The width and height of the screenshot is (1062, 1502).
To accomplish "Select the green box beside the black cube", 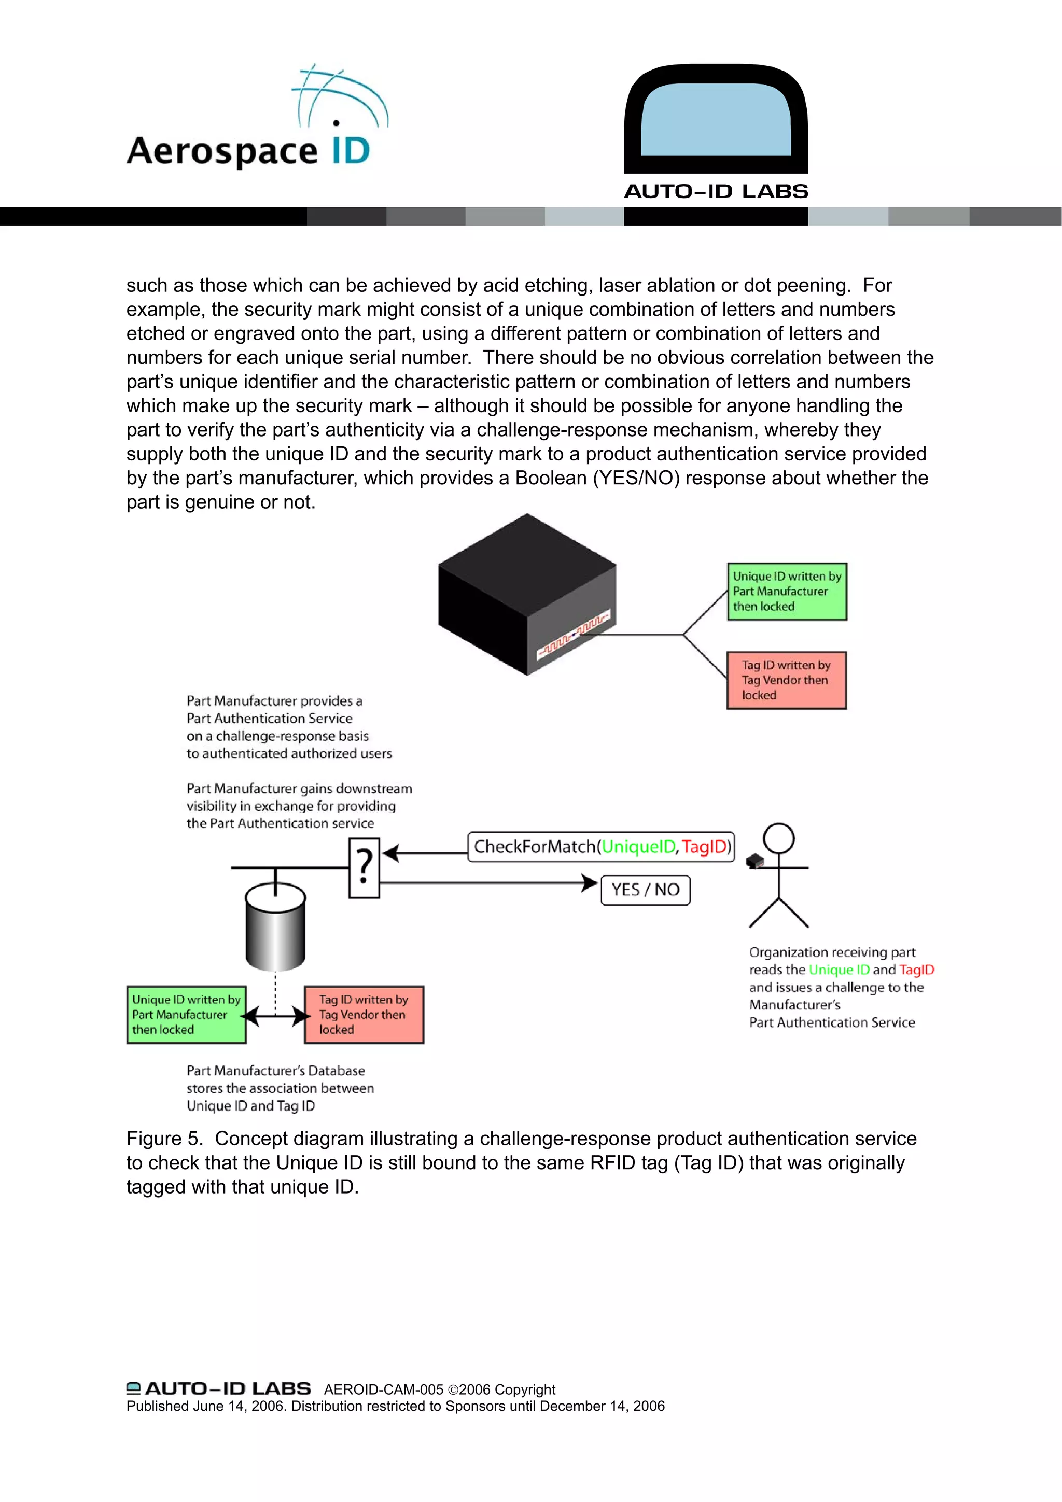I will click(787, 592).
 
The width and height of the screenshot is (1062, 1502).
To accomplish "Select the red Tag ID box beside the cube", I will click(787, 680).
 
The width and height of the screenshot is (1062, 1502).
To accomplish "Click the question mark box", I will click(365, 869).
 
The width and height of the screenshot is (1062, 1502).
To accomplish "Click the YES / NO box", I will click(645, 890).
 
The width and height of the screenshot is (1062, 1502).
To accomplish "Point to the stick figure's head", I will click(779, 838).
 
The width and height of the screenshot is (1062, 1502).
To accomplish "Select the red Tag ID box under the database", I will click(364, 1015).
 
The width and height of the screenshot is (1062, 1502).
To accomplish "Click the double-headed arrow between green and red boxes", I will click(275, 1016).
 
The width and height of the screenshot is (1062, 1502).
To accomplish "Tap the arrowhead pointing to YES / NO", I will click(590, 883).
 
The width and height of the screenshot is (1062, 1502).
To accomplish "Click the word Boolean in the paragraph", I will click(551, 478).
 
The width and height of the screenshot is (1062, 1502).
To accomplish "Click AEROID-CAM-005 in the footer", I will click(383, 1389).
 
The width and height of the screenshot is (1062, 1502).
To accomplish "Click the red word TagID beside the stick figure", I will click(916, 970).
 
